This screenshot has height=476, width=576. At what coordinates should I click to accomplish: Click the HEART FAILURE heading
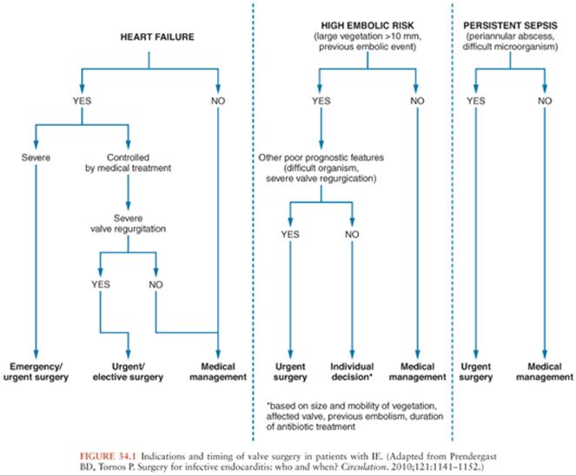[157, 36]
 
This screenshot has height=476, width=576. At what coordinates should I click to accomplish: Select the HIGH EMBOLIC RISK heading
[367, 25]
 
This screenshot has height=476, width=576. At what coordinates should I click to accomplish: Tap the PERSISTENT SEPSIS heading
[510, 25]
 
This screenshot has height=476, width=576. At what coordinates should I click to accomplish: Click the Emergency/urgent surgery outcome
[36, 372]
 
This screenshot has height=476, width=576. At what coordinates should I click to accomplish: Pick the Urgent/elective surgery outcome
[128, 372]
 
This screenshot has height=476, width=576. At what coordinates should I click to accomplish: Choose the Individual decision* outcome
[352, 372]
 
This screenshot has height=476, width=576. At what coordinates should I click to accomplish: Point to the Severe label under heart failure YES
[36, 157]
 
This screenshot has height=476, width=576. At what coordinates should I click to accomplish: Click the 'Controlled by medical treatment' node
[129, 162]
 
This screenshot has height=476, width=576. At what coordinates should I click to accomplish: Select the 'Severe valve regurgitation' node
[129, 223]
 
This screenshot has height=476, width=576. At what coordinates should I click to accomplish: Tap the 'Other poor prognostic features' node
[321, 168]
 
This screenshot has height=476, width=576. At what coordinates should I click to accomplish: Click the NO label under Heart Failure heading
[218, 101]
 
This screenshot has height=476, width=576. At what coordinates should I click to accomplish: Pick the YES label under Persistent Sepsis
[476, 101]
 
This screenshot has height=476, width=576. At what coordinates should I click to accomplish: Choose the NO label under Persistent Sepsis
[545, 101]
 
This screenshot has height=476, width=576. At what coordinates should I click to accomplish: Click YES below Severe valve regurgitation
[101, 284]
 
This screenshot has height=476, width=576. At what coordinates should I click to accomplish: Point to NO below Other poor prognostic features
[352, 235]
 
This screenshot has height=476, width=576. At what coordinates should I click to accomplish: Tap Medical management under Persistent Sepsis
[545, 372]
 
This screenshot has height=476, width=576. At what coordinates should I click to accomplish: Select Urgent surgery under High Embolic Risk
[290, 372]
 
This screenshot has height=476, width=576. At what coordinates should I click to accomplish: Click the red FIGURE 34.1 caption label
[108, 457]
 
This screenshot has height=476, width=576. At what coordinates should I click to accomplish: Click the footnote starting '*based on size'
[354, 416]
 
